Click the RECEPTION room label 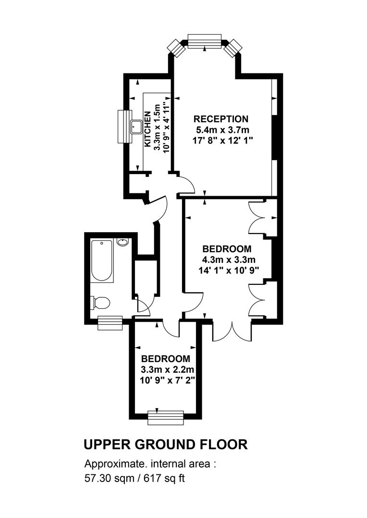(x=221, y=119)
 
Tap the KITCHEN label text (x=147, y=129)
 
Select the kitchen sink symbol (x=136, y=127)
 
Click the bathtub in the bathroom (x=101, y=261)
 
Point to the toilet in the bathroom (x=100, y=303)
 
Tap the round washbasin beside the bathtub (x=122, y=242)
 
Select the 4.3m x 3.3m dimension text (x=229, y=259)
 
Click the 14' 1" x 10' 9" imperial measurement (x=228, y=270)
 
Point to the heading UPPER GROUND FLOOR (x=165, y=444)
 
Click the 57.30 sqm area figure (x=109, y=478)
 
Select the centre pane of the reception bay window (x=205, y=41)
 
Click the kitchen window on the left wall (x=125, y=127)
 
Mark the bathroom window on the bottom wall (x=110, y=323)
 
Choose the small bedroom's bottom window (x=165, y=418)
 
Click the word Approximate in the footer (x=115, y=464)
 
